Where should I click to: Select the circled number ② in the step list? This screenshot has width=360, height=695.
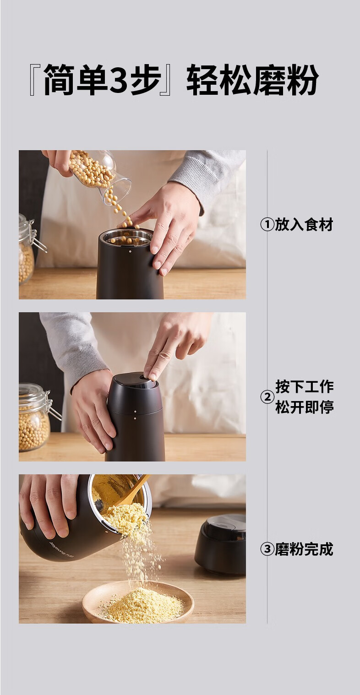[267, 397]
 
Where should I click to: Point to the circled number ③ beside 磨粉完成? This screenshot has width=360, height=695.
[267, 549]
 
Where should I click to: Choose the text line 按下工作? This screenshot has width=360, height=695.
[305, 386]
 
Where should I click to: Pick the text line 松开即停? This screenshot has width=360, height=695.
[305, 407]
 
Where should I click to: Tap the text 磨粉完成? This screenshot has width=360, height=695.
[304, 549]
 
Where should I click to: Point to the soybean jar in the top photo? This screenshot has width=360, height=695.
[27, 248]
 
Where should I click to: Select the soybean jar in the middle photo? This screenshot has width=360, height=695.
[36, 417]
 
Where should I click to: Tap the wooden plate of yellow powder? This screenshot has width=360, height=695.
[138, 602]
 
